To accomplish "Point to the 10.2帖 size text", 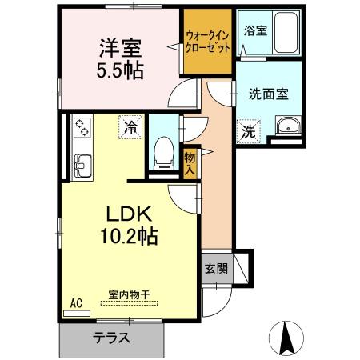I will pos(128,238).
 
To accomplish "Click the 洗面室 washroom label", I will pos(269,93).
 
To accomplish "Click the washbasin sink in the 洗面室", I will pos(286,127).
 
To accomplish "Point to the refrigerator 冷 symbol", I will pos(130,126).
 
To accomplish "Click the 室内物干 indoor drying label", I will pos(128,294).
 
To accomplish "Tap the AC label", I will pos(77,303).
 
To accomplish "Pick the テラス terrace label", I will pos(111,337).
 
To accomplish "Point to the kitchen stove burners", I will pos(82,126).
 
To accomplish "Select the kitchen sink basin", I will pos(82,165).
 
